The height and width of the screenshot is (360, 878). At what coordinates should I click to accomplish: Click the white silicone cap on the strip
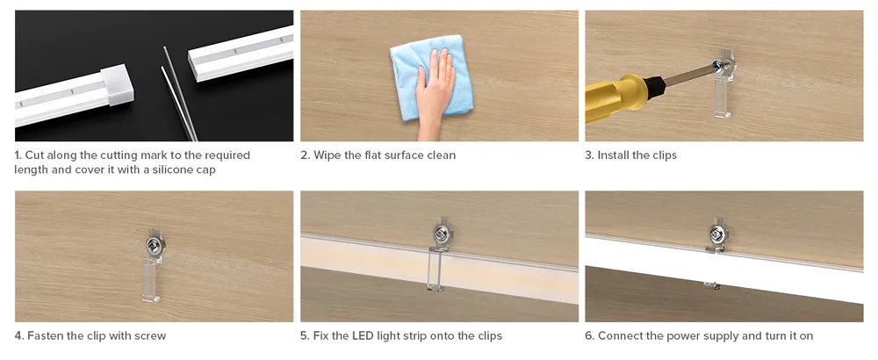point(117,85)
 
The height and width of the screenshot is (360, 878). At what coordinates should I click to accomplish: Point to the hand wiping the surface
point(435,92)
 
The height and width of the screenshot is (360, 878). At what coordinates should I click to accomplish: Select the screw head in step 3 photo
point(716,66)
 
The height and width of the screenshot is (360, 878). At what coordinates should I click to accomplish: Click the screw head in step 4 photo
point(153,243)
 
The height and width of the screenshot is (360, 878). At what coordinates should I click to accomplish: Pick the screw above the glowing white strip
point(716,233)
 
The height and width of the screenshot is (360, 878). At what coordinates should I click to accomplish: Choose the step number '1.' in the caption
point(18,155)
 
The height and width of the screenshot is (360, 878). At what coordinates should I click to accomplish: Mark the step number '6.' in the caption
point(590,336)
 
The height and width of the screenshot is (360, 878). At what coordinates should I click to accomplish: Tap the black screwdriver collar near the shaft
point(655,87)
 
